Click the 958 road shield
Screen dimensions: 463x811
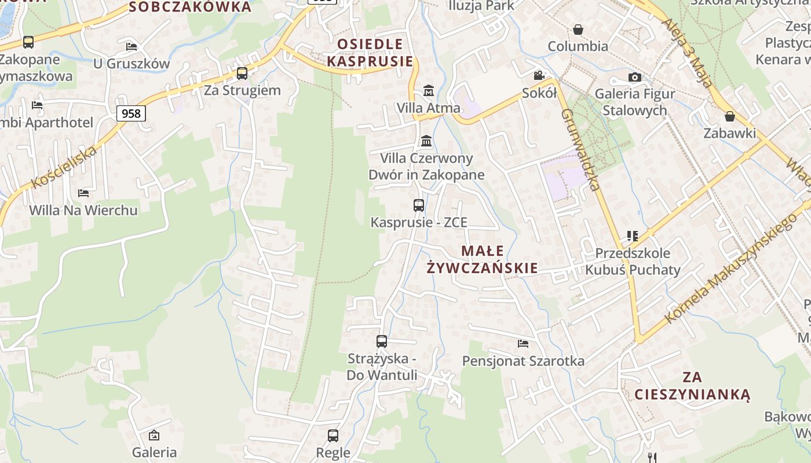(x=131, y=113)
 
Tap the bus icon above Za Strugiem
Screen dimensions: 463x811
(x=242, y=74)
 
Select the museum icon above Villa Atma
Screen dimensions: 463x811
(x=429, y=90)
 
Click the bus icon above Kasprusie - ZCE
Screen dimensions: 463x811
(x=419, y=205)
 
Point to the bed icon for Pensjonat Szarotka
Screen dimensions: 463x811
(x=523, y=344)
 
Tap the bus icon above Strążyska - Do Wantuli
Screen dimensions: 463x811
(x=382, y=341)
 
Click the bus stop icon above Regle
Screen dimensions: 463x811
(x=333, y=435)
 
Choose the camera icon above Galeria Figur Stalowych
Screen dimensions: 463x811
(x=635, y=77)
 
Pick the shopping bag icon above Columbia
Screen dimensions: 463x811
(x=578, y=29)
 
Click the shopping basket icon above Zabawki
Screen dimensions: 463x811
(x=730, y=116)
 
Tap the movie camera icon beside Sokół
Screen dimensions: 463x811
(x=539, y=75)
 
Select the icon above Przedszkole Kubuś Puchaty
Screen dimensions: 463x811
(x=632, y=236)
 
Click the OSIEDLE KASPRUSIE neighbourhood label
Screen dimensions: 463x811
(x=370, y=53)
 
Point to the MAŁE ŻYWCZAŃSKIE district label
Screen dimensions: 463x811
(x=483, y=259)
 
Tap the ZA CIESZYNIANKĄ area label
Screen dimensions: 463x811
(x=692, y=386)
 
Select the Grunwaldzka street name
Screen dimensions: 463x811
(x=579, y=149)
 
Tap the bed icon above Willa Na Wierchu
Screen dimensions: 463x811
(x=83, y=193)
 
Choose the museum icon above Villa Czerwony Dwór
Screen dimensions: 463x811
(x=426, y=141)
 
